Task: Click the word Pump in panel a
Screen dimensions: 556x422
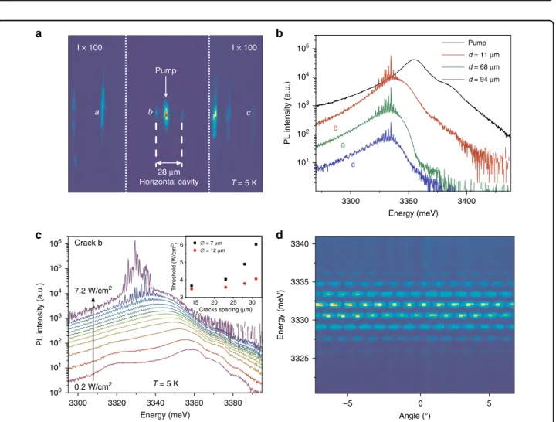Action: coord(165,70)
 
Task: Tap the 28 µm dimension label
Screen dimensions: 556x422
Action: coord(169,172)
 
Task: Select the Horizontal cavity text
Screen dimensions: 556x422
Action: coord(169,182)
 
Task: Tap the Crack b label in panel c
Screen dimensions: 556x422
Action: coord(88,243)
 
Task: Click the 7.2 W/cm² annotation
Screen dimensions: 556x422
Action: coord(93,291)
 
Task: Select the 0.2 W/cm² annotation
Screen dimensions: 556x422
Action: coord(93,385)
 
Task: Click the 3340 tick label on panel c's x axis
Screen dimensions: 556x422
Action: coord(155,403)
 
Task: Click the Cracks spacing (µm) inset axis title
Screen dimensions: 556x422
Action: coord(225,309)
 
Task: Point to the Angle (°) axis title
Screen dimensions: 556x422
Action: coord(415,416)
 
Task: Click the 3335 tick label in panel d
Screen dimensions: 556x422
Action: coord(300,282)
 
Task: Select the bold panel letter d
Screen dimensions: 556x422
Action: coord(280,235)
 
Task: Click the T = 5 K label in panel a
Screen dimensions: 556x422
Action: coord(244,182)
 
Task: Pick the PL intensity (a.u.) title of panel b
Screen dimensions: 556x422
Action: coord(286,113)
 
